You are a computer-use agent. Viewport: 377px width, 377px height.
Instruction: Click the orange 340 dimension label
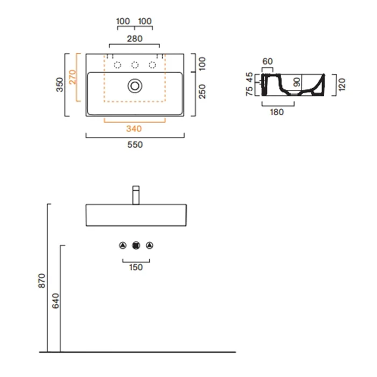134,129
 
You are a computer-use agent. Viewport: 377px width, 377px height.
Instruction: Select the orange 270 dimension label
72,77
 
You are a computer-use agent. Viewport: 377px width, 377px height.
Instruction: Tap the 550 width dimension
135,144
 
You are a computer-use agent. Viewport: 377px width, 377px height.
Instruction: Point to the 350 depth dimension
59,85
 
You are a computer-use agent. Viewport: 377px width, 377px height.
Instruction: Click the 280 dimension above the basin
135,38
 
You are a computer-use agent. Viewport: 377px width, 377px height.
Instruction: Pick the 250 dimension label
202,92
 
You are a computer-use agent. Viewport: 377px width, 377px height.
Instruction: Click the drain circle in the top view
135,86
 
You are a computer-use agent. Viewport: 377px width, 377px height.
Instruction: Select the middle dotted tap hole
135,65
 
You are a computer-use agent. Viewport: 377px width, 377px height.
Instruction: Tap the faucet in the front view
136,195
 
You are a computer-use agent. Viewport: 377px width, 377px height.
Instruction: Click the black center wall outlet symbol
136,246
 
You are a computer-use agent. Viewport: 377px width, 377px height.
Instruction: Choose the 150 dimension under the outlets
136,267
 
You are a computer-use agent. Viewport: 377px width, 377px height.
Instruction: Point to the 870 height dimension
41,281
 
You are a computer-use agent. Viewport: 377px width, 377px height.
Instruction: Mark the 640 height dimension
55,301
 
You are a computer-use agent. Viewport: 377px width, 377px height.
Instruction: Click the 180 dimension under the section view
277,112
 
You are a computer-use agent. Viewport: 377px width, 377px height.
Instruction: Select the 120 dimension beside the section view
341,85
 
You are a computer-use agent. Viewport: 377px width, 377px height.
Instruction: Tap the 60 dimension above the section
267,61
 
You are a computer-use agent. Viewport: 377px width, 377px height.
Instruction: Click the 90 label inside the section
297,82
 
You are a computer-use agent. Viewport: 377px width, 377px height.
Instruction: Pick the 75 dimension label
249,91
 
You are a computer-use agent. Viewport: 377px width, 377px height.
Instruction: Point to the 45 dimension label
249,78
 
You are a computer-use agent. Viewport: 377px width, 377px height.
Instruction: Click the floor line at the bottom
137,352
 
